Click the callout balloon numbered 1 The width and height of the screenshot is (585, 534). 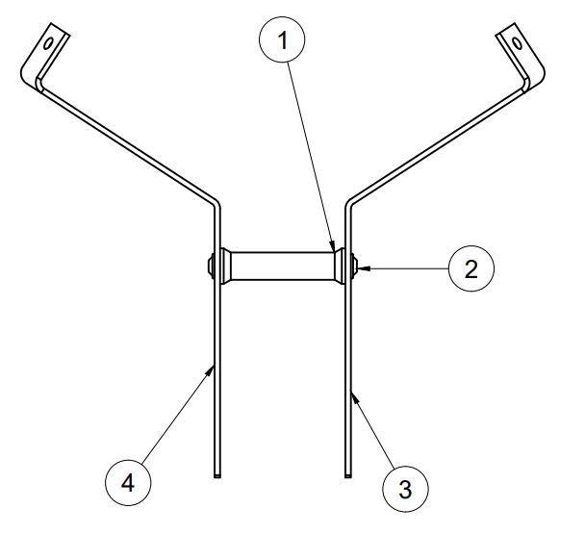click(x=282, y=39)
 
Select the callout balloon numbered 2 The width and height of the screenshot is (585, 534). click(x=471, y=268)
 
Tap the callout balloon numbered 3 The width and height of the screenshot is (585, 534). click(x=405, y=489)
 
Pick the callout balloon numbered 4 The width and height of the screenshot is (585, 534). click(x=128, y=483)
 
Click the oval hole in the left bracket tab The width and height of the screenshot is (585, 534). click(x=48, y=43)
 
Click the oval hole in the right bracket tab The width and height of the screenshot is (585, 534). click(x=518, y=43)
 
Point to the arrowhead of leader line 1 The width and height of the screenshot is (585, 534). click(x=332, y=246)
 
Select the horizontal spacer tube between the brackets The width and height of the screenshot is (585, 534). click(x=283, y=267)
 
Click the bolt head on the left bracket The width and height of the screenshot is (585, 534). click(x=211, y=267)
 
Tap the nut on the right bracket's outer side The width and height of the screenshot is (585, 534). click(x=354, y=267)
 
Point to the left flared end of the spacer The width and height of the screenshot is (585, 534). click(x=226, y=267)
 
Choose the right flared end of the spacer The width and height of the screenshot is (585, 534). click(x=340, y=267)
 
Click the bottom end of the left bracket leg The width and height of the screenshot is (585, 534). click(x=217, y=475)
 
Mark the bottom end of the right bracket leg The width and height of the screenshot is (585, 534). click(x=347, y=475)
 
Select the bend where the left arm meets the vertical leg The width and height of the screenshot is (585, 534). click(x=216, y=204)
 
